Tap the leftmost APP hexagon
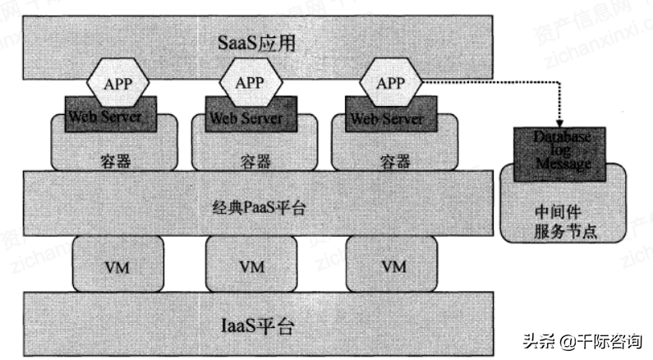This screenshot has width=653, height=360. [117, 84]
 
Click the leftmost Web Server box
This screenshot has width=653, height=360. [104, 117]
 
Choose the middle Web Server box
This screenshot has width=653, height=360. [244, 117]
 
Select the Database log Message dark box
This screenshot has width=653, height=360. [562, 152]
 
